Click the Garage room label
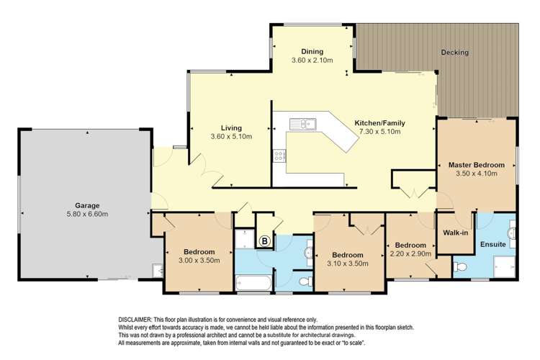tap(87, 206)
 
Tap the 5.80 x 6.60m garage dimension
tap(87, 214)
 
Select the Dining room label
tap(312, 52)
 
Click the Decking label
tap(454, 53)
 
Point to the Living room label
tap(231, 128)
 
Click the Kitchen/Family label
tap(380, 123)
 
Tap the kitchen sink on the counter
tap(302, 124)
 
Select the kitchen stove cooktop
tap(279, 156)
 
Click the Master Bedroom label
tap(477, 165)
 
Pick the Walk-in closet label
tap(455, 233)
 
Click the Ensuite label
tap(492, 244)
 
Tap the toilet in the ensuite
tap(460, 267)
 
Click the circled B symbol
tap(265, 240)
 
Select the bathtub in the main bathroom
tap(253, 283)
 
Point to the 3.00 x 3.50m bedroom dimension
tap(199, 261)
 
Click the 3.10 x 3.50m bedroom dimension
tap(348, 264)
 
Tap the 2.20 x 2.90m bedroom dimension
tap(410, 253)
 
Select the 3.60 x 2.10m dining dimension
tap(312, 60)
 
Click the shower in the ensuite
tap(505, 266)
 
